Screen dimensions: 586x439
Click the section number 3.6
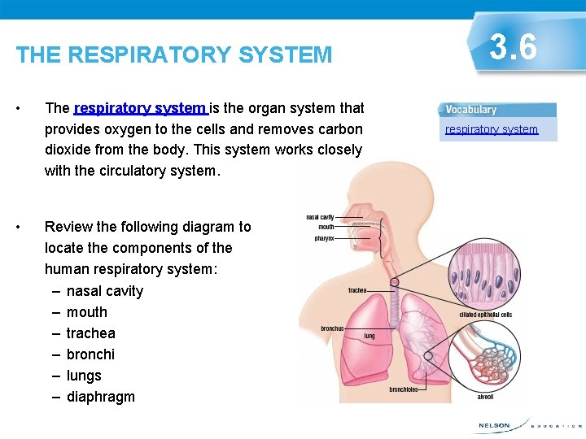coord(514,48)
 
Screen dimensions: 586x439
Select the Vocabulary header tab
coord(472,110)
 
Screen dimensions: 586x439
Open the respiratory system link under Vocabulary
coord(492,129)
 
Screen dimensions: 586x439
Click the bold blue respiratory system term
coord(140,108)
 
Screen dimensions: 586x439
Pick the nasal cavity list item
coord(105,291)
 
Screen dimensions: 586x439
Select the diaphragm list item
coord(101,397)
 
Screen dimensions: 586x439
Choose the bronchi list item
coord(90,354)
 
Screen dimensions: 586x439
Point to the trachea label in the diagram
coord(357,290)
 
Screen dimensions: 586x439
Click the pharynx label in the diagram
coord(324,238)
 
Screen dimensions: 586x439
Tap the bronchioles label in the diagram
coord(403,389)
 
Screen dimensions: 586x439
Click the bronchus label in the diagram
coord(332,328)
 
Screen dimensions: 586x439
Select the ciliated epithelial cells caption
coord(484,315)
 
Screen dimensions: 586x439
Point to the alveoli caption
coord(484,397)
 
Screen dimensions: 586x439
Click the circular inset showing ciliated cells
coord(485,273)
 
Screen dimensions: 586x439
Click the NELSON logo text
coord(494,425)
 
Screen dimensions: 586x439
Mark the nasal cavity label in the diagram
coord(320,217)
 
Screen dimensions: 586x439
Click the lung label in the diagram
coord(370,335)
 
